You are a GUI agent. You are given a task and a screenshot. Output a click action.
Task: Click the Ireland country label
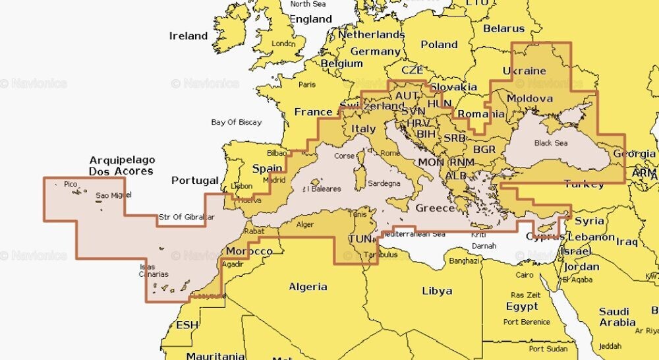(x=188, y=36)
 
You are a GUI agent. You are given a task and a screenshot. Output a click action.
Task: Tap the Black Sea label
(x=551, y=143)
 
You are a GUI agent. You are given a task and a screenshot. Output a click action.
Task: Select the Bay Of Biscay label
(x=237, y=122)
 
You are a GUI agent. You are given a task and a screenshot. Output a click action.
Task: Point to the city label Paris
(x=307, y=84)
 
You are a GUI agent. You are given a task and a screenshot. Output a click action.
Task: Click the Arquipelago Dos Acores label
(x=122, y=165)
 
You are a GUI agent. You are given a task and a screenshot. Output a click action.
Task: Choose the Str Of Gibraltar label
(x=186, y=217)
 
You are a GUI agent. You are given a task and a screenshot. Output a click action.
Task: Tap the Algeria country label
(x=308, y=287)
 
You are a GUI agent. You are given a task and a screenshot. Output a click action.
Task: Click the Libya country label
(x=437, y=291)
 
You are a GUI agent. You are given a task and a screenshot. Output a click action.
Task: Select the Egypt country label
(x=522, y=307)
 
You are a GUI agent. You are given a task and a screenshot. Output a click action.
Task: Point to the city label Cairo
(x=525, y=274)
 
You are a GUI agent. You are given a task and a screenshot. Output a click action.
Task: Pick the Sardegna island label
(x=384, y=183)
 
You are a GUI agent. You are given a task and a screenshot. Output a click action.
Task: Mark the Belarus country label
(x=503, y=28)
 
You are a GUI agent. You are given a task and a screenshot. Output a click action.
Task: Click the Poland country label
(x=439, y=45)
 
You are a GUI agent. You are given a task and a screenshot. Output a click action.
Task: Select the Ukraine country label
(x=525, y=71)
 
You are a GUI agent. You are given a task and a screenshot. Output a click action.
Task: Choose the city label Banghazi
(x=464, y=261)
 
